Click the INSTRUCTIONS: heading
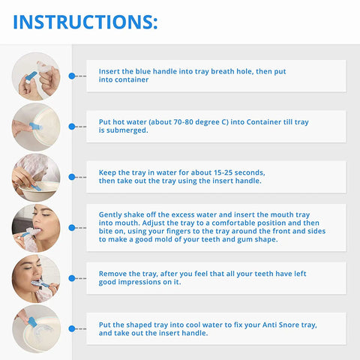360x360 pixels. coord(85,22)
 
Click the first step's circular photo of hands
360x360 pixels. coord(36,76)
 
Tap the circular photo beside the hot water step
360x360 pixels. coord(36,127)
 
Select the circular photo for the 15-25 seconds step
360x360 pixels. coord(36,177)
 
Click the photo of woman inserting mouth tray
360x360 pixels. coord(36,227)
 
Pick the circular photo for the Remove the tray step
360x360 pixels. coord(36,278)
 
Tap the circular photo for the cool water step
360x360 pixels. coord(36,328)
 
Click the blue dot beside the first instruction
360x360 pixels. coord(71,76)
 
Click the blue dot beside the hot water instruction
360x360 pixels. coord(71,127)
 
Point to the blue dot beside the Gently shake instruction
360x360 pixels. coord(71,227)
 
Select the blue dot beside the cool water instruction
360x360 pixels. coord(71,328)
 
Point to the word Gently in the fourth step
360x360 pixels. coord(111,214)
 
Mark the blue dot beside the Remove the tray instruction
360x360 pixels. coord(71,278)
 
